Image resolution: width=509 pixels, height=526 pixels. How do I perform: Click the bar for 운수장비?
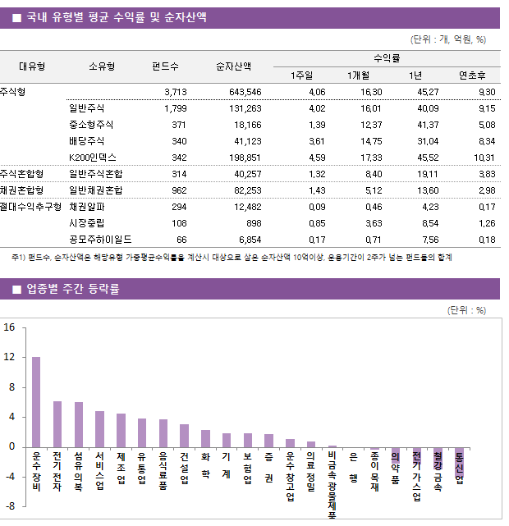(x=36, y=401)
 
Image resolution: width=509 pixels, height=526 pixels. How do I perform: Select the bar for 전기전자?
(x=57, y=423)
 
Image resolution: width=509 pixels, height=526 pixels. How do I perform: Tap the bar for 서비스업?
(x=99, y=428)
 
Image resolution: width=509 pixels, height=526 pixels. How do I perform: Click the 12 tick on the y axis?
(x=9, y=357)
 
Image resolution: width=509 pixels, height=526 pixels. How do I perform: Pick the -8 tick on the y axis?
(x=9, y=505)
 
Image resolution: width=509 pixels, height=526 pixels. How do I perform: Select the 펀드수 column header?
(x=166, y=66)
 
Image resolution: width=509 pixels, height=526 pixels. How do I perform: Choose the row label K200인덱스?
(x=93, y=157)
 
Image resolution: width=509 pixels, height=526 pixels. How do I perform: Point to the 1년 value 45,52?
(x=427, y=157)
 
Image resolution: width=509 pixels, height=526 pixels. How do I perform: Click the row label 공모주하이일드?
(x=100, y=240)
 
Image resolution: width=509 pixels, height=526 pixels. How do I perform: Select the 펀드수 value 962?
(x=178, y=190)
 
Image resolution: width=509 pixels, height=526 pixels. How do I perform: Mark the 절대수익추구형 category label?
(x=31, y=207)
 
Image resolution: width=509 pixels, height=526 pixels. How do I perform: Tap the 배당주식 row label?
(x=87, y=140)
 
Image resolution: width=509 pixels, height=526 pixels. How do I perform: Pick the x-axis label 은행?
(x=353, y=468)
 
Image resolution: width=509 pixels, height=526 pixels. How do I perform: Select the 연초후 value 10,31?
(x=484, y=157)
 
